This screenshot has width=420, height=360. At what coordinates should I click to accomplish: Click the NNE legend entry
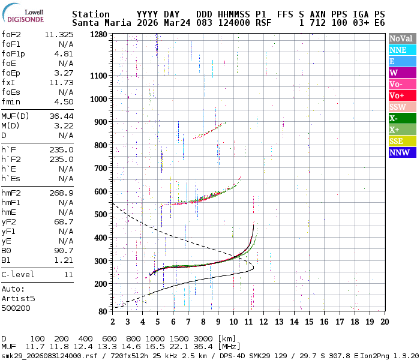[402, 50]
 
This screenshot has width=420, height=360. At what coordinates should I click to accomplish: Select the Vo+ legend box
[402, 95]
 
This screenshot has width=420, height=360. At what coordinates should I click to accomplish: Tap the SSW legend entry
[402, 107]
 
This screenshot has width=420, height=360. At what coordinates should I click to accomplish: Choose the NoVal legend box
[402, 38]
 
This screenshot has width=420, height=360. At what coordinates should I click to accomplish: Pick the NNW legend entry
[402, 152]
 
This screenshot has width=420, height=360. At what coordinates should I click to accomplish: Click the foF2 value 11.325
[59, 34]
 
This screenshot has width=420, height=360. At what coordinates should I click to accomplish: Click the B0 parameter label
[7, 250]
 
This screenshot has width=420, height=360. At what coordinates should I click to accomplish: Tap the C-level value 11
[68, 274]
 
